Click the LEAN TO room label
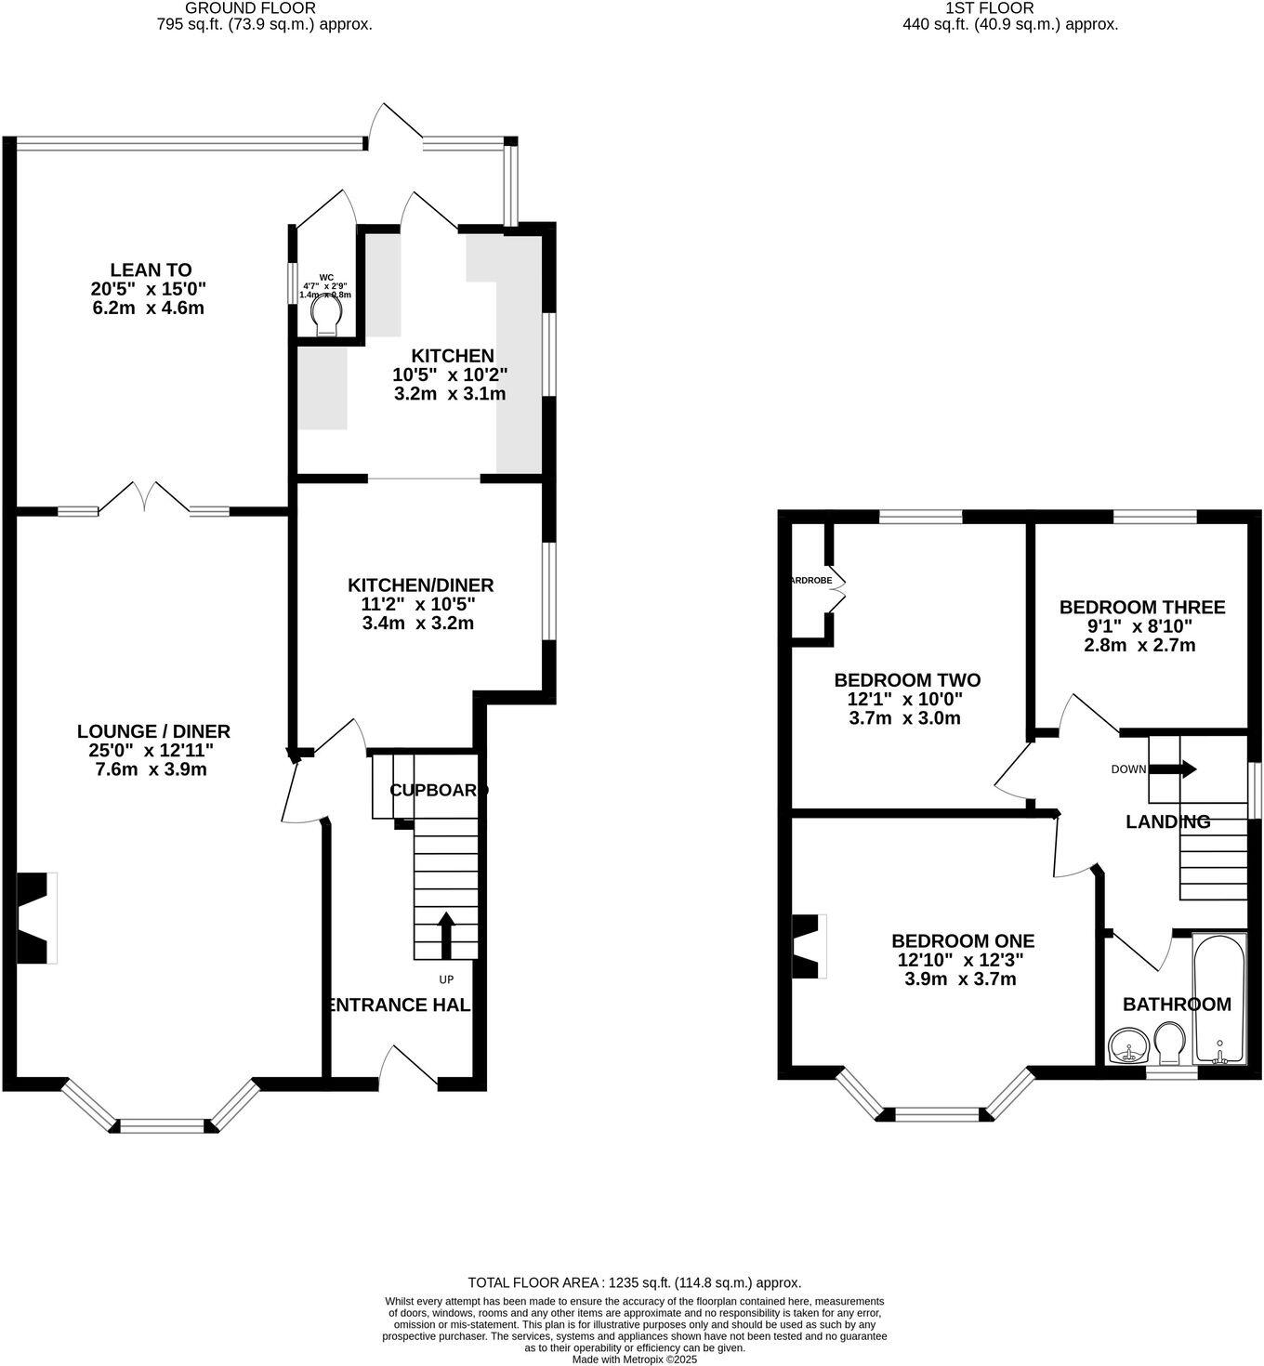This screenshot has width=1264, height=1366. (151, 270)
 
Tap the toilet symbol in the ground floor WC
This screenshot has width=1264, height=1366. (326, 315)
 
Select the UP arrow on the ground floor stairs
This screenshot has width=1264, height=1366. (445, 934)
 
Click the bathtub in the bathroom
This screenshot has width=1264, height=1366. (1219, 999)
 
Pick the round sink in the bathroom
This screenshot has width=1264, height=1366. (1129, 1046)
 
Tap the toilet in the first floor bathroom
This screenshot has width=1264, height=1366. (1167, 1044)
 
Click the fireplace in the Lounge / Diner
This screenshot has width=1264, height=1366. (36, 918)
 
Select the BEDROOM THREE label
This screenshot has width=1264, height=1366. (1142, 607)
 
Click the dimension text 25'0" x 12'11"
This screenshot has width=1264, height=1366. (153, 751)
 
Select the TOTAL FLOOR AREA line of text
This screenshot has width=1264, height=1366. (634, 1282)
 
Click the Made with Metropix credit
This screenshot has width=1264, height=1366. (634, 1359)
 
